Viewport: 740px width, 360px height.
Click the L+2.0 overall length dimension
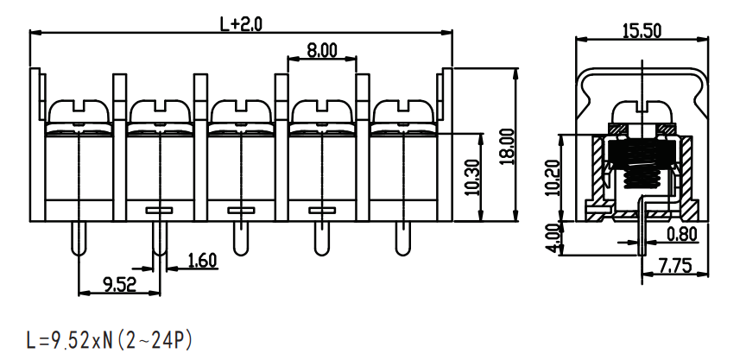pyautogui.click(x=241, y=24)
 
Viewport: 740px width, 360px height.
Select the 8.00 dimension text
pyautogui.click(x=322, y=50)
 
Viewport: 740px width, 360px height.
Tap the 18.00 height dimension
pyautogui.click(x=508, y=146)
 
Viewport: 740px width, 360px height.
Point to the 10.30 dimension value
pyautogui.click(x=472, y=177)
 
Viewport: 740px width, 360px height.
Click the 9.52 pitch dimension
pyautogui.click(x=119, y=285)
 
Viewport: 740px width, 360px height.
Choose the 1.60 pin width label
pyautogui.click(x=202, y=261)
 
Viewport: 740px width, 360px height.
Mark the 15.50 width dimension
pyautogui.click(x=642, y=31)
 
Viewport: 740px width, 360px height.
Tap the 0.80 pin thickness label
pyautogui.click(x=682, y=234)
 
